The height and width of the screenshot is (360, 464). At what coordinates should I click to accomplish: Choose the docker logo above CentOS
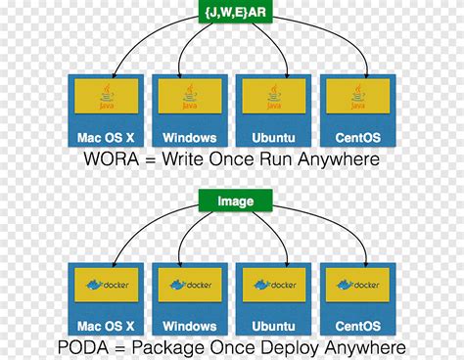click(358, 286)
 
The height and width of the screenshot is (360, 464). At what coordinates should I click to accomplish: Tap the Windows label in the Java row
click(189, 137)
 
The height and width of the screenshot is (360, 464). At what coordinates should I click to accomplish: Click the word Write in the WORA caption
click(189, 159)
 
